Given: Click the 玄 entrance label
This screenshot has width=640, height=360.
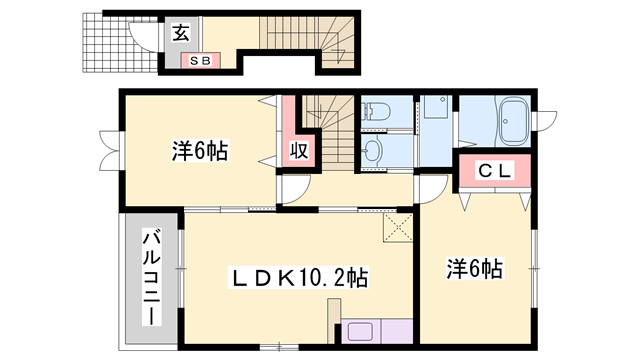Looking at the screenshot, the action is tap(180, 33).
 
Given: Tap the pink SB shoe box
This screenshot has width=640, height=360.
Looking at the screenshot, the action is tap(201, 61).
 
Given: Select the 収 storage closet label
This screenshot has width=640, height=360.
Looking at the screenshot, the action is tap(299, 151).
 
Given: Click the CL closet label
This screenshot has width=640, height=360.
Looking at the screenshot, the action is tap(495, 171).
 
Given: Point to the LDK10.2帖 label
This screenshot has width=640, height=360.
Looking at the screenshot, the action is tap(300, 278).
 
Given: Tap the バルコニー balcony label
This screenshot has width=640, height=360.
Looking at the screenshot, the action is tap(151, 278).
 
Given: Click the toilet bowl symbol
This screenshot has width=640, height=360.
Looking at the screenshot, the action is tap(376, 111).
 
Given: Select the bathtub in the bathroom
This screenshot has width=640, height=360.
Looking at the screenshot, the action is tap(514, 121).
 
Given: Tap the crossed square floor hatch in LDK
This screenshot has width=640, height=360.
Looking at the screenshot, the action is tap(398, 228).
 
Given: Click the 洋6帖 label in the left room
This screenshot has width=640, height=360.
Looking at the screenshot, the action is tap(200, 151).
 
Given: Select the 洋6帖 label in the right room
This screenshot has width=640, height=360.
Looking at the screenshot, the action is tap(474, 269).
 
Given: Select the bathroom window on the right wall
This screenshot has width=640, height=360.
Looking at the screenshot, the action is tap(544, 121).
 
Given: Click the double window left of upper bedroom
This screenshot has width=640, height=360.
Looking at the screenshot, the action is tap(109, 151).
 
